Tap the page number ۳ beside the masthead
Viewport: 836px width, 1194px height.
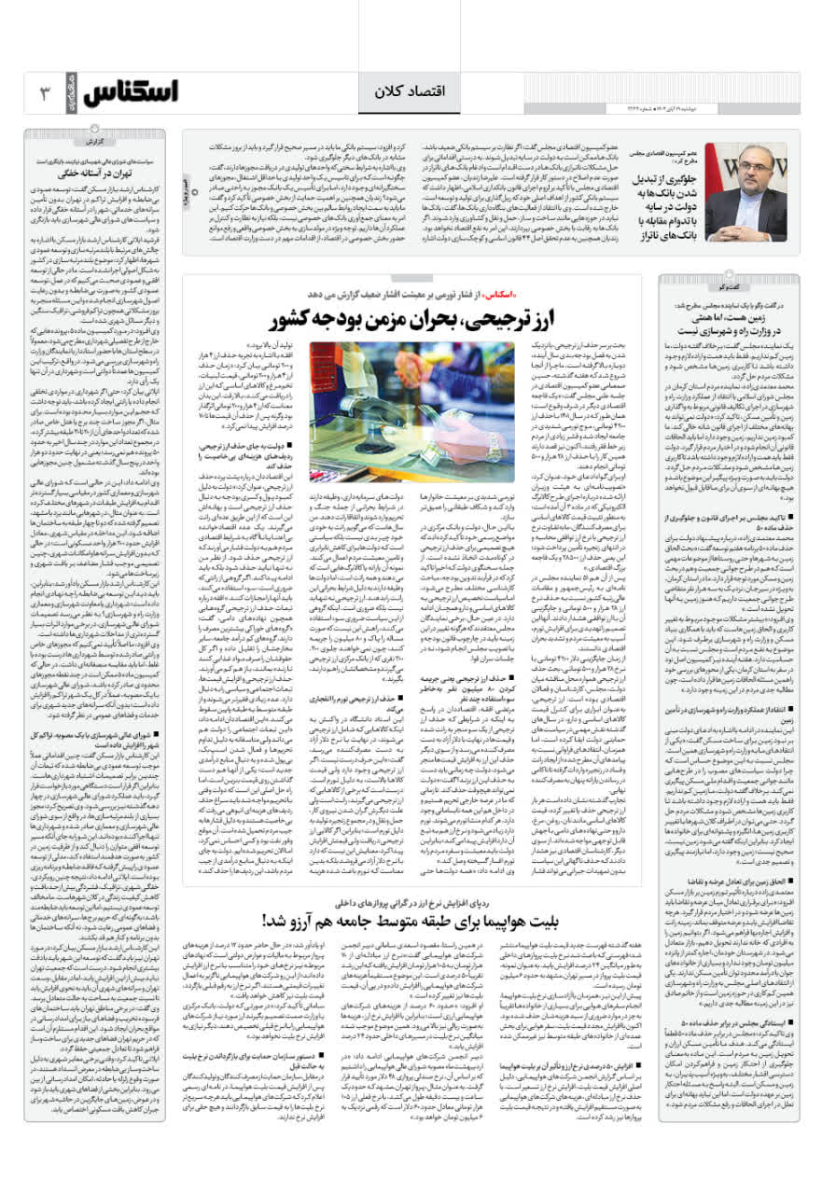pyautogui.click(x=44, y=93)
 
